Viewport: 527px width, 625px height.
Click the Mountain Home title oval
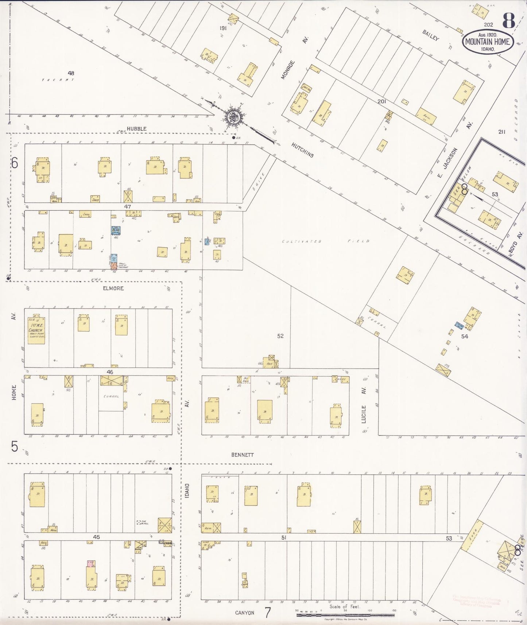488,42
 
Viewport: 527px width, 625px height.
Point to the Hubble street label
137,129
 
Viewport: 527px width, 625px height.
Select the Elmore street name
113,288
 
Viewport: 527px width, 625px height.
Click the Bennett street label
242,455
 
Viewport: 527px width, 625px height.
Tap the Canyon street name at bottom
244,613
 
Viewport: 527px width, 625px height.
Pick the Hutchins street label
302,150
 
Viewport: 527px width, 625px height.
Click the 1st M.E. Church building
36,330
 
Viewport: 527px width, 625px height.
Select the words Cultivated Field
326,241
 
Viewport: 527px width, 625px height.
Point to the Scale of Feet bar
345,615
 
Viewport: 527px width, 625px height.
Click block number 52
280,336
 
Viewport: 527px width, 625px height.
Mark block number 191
223,28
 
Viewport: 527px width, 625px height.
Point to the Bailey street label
431,35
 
